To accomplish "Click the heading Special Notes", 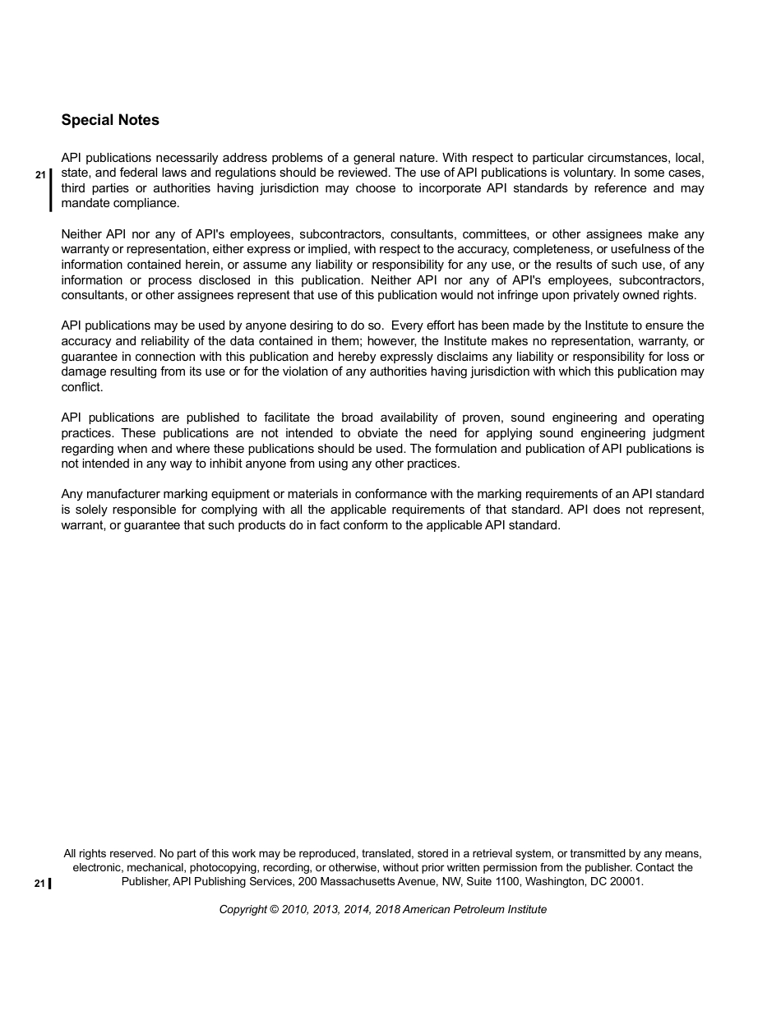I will pos(110,120).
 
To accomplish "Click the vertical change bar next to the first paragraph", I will pos(50,190).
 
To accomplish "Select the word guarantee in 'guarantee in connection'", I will pos(90,357).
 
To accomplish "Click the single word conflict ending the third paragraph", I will pos(81,387).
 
